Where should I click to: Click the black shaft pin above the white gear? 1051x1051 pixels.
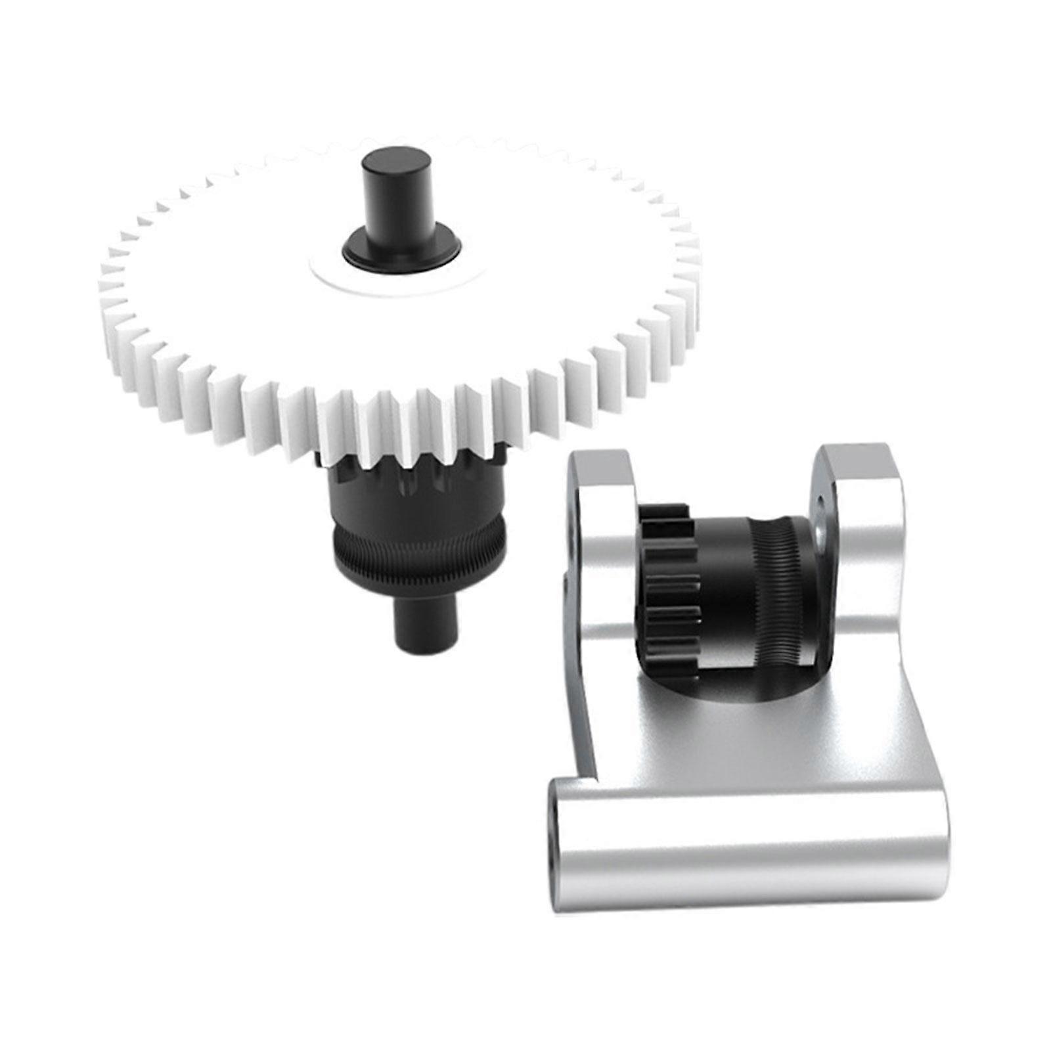[x=389, y=197]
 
